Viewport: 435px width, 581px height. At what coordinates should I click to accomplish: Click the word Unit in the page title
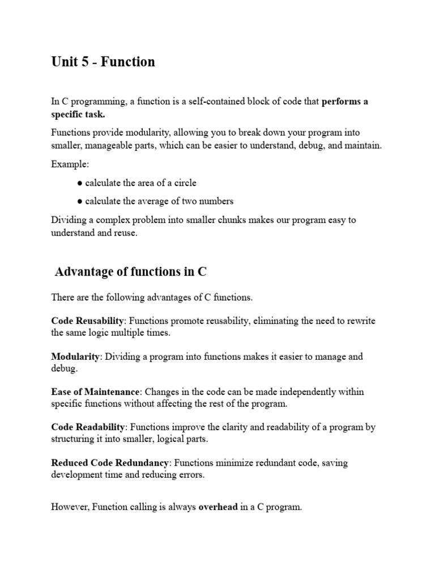click(64, 62)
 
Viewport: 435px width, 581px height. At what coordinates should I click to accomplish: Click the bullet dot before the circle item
click(80, 183)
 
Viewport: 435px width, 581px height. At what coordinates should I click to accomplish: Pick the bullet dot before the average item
click(80, 201)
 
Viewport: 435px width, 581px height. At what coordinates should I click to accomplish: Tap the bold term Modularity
click(75, 357)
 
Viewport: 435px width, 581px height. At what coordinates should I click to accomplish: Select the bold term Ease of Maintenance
click(95, 392)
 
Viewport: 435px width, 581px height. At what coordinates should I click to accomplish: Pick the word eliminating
click(276, 321)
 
